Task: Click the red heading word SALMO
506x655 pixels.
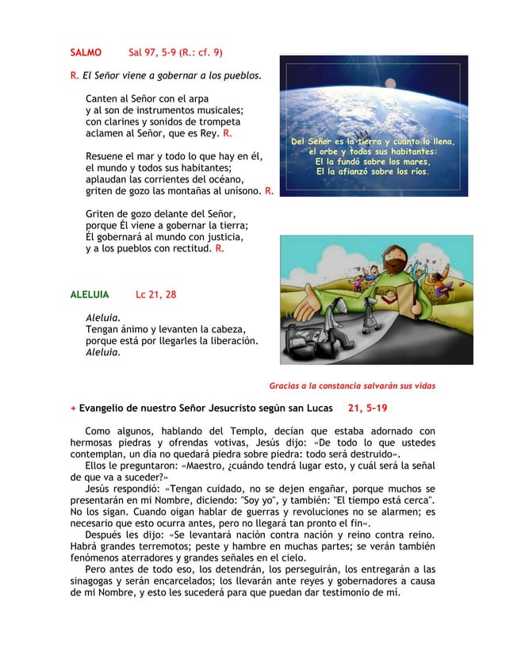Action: coord(86,53)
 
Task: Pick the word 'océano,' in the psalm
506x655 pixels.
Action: coord(234,180)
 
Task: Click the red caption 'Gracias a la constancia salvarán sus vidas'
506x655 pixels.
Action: coord(352,386)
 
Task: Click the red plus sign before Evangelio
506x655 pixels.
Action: coord(73,409)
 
